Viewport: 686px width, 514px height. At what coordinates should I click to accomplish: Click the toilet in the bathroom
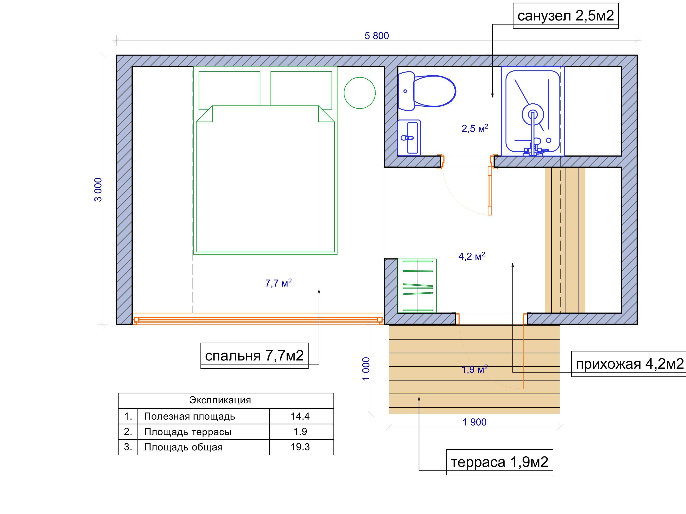tap(427, 91)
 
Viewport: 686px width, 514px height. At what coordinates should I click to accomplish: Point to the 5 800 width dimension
tap(377, 36)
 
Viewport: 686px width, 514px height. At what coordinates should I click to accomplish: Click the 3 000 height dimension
tap(98, 190)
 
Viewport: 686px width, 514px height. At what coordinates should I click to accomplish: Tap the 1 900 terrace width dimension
tap(474, 422)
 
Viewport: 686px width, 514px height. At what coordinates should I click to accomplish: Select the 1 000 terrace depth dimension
tap(366, 369)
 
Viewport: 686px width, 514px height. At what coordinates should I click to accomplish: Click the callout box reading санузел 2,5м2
tap(566, 16)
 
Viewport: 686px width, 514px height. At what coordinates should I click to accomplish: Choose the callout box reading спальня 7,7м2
tap(254, 356)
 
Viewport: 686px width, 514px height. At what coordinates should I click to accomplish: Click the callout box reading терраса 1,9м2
tap(500, 462)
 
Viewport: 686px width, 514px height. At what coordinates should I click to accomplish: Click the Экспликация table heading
tap(220, 400)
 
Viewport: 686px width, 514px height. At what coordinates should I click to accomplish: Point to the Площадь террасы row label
tap(188, 432)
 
